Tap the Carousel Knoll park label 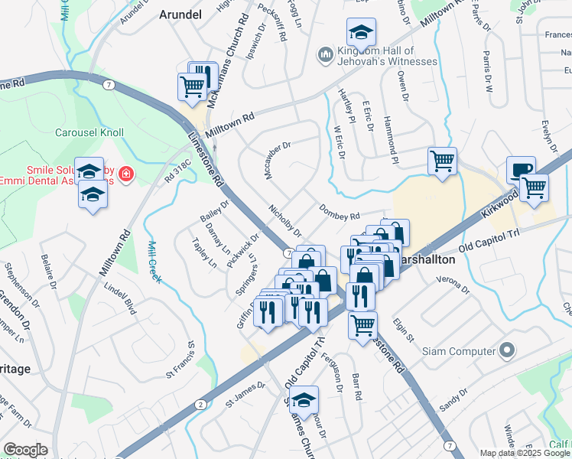coord(89,132)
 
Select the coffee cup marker coord(521,169)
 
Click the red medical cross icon coord(125,177)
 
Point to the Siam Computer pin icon coord(506,351)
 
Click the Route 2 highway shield coord(200,404)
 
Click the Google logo coord(24,450)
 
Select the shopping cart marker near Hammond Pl coord(442,161)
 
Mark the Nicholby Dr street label coord(285,220)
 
